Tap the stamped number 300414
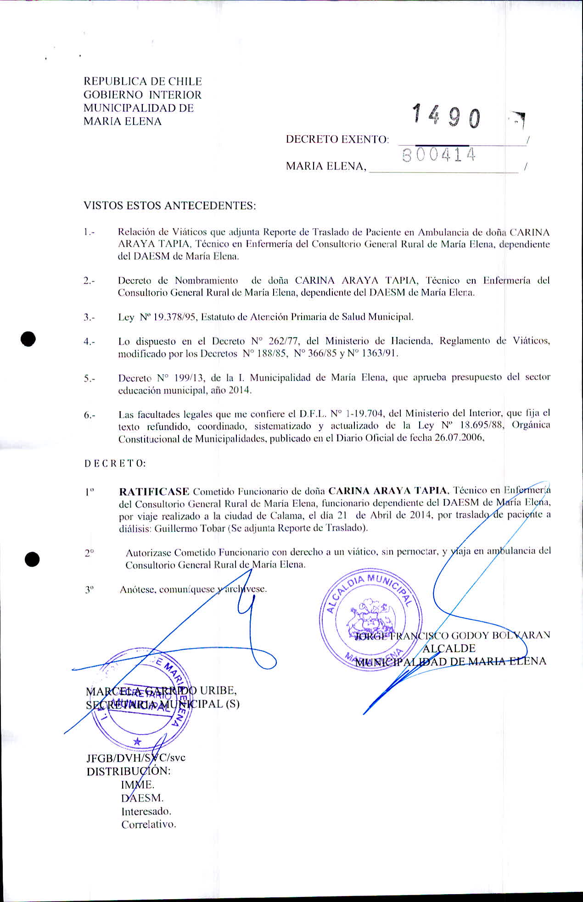[438, 156]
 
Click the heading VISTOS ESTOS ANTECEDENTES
[169, 205]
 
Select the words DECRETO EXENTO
[337, 139]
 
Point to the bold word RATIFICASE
[154, 492]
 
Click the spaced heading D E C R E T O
[115, 463]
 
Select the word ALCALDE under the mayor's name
[448, 648]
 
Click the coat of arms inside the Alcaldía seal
[371, 617]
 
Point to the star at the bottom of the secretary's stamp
[137, 742]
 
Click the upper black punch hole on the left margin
[28, 339]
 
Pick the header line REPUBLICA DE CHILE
[142, 82]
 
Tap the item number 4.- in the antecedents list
[90, 342]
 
